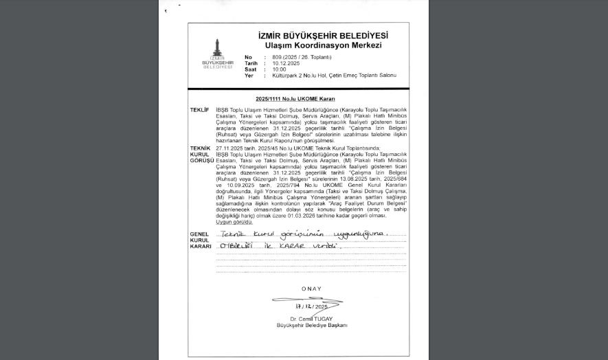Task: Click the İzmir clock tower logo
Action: [x=217, y=50]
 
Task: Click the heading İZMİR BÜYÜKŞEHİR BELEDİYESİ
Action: [x=323, y=36]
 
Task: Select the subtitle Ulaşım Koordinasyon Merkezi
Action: [x=323, y=45]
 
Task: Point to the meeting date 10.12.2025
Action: [x=286, y=63]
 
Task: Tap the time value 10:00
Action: [x=279, y=69]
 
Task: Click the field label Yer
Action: [x=249, y=76]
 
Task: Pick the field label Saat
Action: [x=250, y=69]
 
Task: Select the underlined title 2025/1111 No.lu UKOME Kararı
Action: [x=295, y=100]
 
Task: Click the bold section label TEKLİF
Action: [x=199, y=110]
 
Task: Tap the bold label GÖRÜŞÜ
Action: [x=202, y=160]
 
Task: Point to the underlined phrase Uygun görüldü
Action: [x=234, y=222]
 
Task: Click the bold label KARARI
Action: [x=201, y=246]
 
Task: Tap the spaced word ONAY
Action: [x=311, y=289]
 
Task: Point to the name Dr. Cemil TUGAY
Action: [x=311, y=319]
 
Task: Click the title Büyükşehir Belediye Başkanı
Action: [x=312, y=325]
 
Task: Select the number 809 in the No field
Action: [x=278, y=57]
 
